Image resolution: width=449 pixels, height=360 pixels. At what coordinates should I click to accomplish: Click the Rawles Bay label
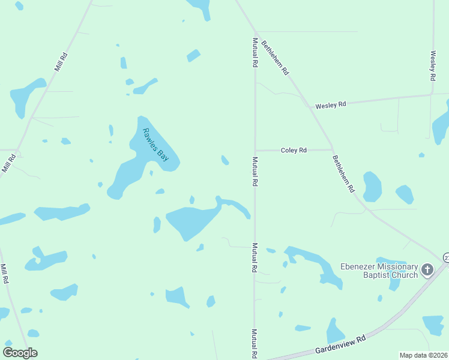tap(155, 145)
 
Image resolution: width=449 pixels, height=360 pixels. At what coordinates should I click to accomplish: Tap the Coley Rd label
tap(294, 150)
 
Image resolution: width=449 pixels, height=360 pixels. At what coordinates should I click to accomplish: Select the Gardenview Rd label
tap(341, 347)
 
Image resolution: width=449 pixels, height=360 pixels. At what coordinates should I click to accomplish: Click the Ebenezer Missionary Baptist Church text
tap(379, 271)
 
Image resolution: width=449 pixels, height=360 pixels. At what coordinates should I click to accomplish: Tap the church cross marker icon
tap(427, 270)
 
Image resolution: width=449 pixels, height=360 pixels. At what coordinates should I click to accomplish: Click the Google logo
tap(20, 353)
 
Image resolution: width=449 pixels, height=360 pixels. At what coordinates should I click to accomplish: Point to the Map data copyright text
tap(424, 355)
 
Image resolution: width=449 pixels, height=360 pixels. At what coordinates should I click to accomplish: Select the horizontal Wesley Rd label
tap(331, 105)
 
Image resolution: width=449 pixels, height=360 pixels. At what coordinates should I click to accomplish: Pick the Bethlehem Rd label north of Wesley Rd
tap(276, 58)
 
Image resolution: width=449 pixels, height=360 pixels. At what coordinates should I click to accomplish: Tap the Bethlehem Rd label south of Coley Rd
tap(343, 173)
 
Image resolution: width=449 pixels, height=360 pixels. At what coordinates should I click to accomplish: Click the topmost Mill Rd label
tap(61, 62)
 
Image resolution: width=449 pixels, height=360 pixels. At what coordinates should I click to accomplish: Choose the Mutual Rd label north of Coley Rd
tap(255, 52)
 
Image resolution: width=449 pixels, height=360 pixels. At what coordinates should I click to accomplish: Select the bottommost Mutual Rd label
tap(255, 344)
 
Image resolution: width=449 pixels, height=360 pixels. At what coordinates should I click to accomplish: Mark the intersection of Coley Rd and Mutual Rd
tap(255, 150)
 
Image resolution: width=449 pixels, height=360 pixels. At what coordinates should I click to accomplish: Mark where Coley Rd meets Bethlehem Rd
tap(333, 149)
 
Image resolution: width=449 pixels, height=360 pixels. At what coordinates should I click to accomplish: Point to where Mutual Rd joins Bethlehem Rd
tap(255, 32)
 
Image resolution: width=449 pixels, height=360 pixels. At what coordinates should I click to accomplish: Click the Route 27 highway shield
tap(446, 257)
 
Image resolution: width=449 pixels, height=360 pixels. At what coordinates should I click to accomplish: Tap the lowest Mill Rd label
tap(4, 274)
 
